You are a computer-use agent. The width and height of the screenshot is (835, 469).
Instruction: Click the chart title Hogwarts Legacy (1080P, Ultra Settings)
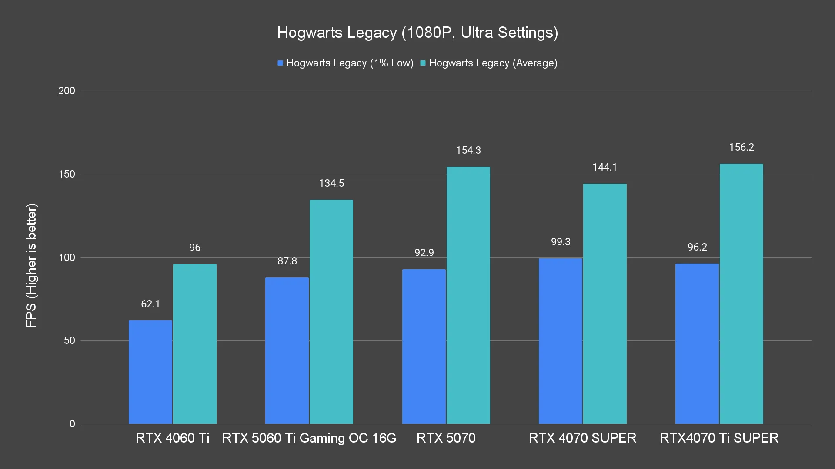pos(417,33)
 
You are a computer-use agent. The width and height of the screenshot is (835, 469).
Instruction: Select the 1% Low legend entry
pos(346,63)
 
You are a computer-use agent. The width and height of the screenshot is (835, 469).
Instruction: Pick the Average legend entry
pos(489,63)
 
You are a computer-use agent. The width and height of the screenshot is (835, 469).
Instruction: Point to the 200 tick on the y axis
pos(67,91)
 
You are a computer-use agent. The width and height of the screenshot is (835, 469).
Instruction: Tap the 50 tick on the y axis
pos(70,340)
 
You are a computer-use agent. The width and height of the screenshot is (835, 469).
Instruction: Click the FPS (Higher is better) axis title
pos(31,265)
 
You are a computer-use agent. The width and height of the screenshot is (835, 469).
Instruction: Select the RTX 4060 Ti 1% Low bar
pos(150,372)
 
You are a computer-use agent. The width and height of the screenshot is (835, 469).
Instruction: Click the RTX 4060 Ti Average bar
pos(195,344)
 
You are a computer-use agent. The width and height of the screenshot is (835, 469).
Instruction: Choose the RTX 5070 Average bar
pos(468,295)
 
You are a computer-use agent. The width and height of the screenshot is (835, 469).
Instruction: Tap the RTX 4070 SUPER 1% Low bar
pos(560,341)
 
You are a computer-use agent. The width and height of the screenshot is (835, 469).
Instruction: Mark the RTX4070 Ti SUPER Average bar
pos(741,294)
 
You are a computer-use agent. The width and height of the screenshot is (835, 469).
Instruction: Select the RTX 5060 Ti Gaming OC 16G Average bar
pos(331,312)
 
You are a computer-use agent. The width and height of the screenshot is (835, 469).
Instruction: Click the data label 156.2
pos(741,147)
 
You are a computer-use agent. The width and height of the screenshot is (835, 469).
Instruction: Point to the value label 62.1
pos(150,304)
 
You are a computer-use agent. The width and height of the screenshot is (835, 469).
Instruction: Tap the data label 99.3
pos(561,242)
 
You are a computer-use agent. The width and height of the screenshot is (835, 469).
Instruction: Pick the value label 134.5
pos(331,183)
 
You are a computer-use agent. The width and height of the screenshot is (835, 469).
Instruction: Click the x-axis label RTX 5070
pos(446,438)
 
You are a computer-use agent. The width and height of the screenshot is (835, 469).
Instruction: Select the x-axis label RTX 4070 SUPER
pos(582,438)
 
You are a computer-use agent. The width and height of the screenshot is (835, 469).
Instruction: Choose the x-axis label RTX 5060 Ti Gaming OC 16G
pos(309,438)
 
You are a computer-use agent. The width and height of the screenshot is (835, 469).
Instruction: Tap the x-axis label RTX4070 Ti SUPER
pos(719,438)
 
